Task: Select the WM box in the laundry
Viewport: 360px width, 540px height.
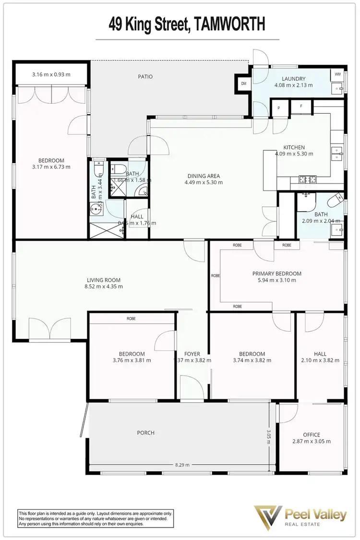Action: [337, 74]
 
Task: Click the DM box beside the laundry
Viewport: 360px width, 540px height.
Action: [243, 84]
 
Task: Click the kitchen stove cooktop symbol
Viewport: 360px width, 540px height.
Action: [307, 180]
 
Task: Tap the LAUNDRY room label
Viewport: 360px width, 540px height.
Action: [293, 79]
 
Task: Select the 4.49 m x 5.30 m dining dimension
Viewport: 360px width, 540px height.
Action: [203, 182]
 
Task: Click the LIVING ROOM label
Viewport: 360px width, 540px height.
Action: [104, 280]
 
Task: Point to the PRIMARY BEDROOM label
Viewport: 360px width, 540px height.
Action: [277, 274]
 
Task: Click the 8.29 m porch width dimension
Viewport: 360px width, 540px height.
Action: [182, 465]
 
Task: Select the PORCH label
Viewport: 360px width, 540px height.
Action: [146, 432]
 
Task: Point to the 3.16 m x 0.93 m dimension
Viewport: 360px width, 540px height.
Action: [51, 74]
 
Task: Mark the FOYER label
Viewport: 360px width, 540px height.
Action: [192, 354]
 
